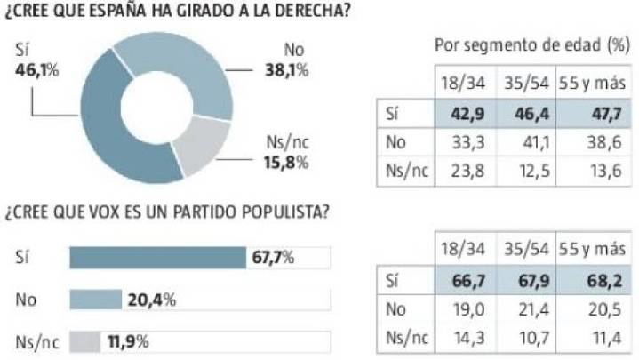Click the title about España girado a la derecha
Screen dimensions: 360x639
click(x=176, y=12)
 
